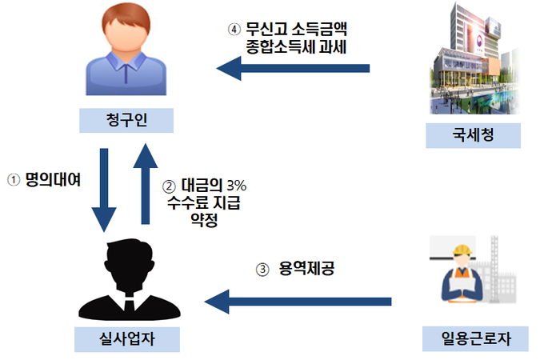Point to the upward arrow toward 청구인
point(144,184)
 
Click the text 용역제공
point(307,270)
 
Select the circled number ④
point(234,30)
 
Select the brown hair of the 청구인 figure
point(125,24)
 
